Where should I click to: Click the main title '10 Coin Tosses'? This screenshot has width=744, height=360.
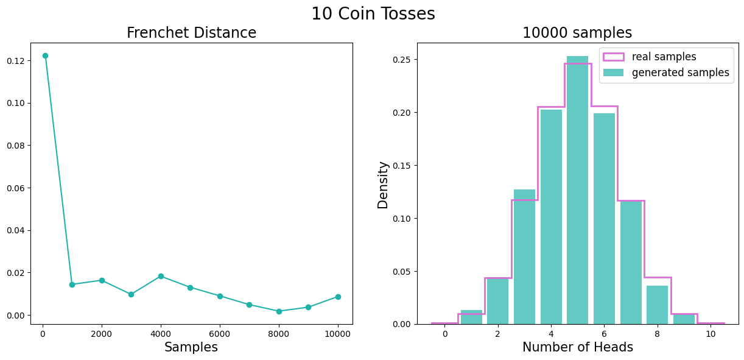click(x=373, y=14)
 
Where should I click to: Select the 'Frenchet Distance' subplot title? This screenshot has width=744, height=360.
click(x=191, y=33)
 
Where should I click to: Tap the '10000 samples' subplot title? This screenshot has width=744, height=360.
click(x=577, y=33)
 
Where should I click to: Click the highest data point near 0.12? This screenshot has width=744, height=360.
click(x=45, y=55)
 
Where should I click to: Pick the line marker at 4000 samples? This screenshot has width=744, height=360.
click(x=161, y=276)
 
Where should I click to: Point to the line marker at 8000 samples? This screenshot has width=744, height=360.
click(x=279, y=311)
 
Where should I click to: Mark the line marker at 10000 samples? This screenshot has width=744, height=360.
click(x=338, y=297)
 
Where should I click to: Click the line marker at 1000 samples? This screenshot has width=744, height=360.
click(x=72, y=284)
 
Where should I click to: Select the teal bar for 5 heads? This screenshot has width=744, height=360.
click(x=577, y=190)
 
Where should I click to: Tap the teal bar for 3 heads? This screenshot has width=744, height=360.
click(x=524, y=256)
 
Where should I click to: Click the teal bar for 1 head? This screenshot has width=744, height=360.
click(x=471, y=317)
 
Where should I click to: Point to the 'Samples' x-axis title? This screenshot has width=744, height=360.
click(x=191, y=347)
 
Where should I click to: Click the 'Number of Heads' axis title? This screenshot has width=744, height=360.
click(x=577, y=347)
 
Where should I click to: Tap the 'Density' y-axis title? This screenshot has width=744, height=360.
click(x=383, y=185)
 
